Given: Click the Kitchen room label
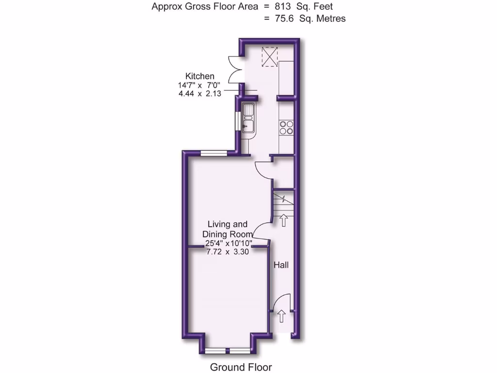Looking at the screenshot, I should [199, 76].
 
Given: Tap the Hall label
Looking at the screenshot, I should [281, 265].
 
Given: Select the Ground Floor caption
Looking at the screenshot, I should [241, 367].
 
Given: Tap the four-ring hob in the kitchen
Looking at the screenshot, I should [286, 127].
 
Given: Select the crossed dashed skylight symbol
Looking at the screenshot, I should [270, 56].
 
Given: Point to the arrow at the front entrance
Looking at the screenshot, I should [282, 317].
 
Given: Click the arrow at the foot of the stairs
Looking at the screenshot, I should [283, 221].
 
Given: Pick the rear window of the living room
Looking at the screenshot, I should [214, 153].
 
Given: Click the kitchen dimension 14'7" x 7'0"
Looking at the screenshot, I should [199, 85].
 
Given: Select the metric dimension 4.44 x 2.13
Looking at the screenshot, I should [199, 94].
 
